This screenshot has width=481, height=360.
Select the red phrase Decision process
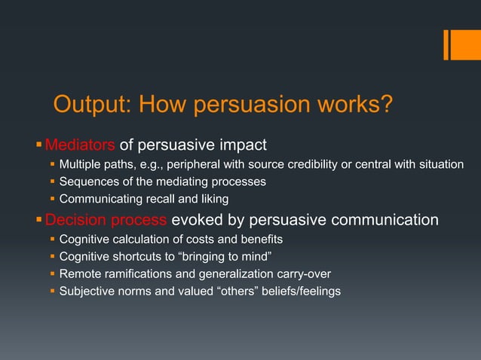coord(106,221)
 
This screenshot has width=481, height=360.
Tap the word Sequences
coord(90,182)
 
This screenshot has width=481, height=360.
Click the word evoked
coord(193,221)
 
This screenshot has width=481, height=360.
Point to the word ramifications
coord(148,274)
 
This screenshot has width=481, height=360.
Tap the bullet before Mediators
coord(39,144)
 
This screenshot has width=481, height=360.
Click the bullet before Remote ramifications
coord(52,274)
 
